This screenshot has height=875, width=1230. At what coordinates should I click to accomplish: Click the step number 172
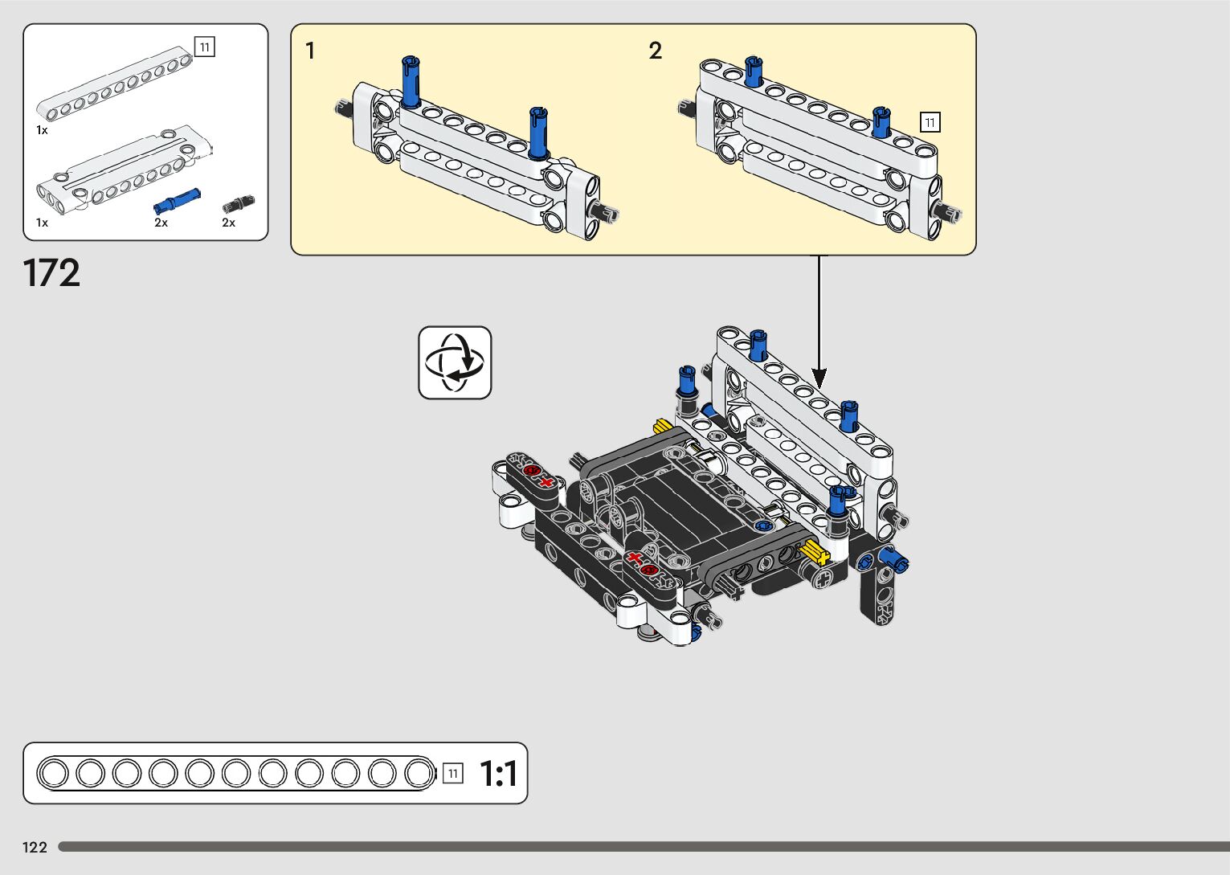[x=52, y=273]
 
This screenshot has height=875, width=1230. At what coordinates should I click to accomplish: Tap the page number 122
[x=35, y=847]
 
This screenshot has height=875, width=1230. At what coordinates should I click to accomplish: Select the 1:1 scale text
[x=498, y=774]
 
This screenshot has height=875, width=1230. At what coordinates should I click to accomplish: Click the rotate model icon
[x=455, y=362]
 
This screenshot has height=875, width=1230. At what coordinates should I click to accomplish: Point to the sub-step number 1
[x=310, y=51]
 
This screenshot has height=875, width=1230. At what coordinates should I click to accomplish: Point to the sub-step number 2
[x=656, y=51]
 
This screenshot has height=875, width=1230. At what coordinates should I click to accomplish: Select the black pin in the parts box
[x=238, y=203]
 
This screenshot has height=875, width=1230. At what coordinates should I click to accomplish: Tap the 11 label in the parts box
[x=205, y=47]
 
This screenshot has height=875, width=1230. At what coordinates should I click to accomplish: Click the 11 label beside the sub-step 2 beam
[x=930, y=122]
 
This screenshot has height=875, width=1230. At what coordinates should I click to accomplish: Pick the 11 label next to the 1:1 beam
[x=453, y=774]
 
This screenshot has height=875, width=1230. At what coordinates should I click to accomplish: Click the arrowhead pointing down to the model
[x=819, y=376]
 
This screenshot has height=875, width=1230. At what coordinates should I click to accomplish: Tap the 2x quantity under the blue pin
[x=161, y=223]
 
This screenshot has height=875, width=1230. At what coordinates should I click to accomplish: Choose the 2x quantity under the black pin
[x=229, y=223]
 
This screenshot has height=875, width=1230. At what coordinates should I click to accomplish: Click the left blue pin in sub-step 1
[x=411, y=81]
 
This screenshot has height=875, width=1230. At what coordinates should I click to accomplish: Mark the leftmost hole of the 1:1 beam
[x=54, y=774]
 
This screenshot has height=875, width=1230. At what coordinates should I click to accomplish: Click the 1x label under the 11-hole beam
[x=42, y=129]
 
